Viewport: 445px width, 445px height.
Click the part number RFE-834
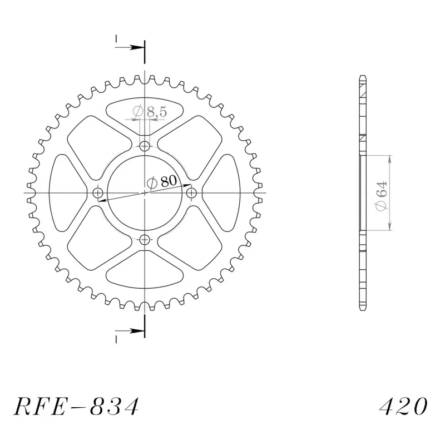(x=77, y=407)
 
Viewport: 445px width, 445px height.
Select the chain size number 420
(x=403, y=406)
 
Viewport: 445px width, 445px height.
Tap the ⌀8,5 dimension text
(x=150, y=112)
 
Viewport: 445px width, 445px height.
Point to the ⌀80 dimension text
(x=162, y=182)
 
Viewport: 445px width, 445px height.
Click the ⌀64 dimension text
(x=381, y=196)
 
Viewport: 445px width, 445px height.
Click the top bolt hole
(x=145, y=146)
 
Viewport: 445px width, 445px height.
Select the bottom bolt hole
(x=145, y=240)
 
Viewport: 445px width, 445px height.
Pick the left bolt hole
(x=98, y=193)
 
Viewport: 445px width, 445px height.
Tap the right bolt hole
(x=191, y=193)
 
